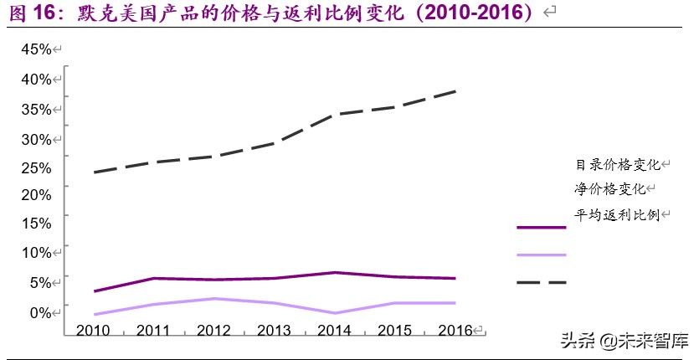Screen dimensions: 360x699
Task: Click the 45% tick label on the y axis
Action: pos(36,49)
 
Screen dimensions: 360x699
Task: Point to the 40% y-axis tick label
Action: pos(36,79)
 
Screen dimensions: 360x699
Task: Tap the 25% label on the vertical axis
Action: pos(36,167)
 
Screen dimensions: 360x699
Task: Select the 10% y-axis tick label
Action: pos(36,253)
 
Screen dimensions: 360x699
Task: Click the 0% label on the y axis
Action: pos(39,312)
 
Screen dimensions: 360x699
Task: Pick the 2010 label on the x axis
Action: pos(93,330)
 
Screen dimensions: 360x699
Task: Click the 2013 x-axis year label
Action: pos(275,330)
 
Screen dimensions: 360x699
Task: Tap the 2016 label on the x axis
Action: pos(455,330)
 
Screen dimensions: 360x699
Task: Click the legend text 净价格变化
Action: pos(610,189)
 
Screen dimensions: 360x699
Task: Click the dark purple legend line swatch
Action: pos(542,227)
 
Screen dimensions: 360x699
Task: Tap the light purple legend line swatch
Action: pos(542,255)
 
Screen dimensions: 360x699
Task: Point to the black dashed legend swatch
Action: pos(542,282)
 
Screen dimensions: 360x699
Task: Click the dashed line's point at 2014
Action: pos(336,114)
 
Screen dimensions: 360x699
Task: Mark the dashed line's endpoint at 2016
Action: pos(456,90)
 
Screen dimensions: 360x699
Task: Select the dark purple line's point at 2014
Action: pos(336,272)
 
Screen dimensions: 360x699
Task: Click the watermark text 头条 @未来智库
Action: pos(624,342)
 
